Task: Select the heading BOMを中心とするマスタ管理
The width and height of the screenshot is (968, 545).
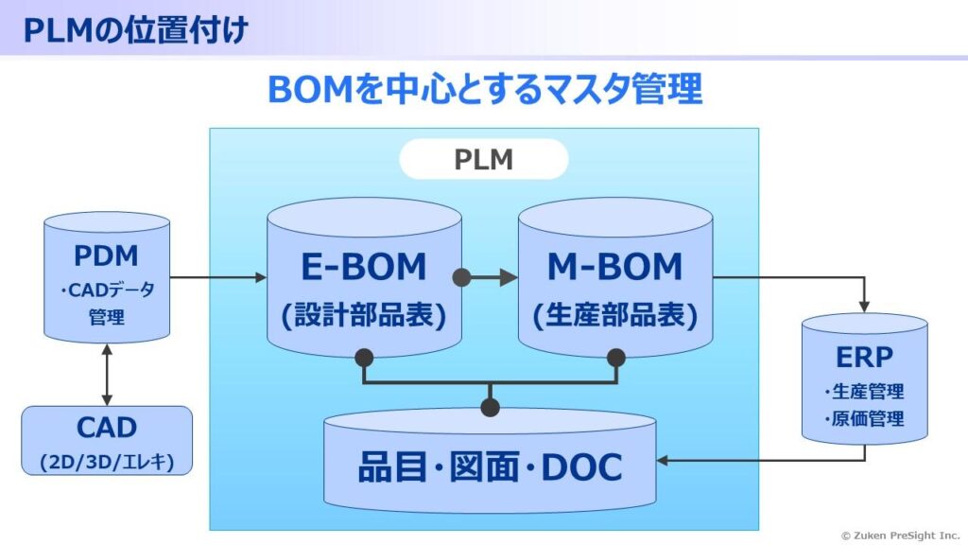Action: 484,91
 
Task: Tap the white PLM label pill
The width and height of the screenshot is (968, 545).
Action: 483,159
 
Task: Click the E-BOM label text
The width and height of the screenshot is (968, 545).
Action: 364,268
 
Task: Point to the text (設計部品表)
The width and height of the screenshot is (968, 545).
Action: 364,315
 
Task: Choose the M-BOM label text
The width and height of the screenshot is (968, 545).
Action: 614,268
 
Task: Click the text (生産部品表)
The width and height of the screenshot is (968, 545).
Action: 614,315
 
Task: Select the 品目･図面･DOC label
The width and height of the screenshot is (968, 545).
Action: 489,467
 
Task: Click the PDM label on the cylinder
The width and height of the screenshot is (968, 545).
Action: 106,255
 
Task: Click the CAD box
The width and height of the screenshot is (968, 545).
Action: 106,440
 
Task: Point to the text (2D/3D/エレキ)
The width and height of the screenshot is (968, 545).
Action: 106,462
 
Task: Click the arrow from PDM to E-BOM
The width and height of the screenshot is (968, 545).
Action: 217,277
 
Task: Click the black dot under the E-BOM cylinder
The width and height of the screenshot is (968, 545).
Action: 364,358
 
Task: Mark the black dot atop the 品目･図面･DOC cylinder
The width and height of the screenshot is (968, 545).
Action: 489,408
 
